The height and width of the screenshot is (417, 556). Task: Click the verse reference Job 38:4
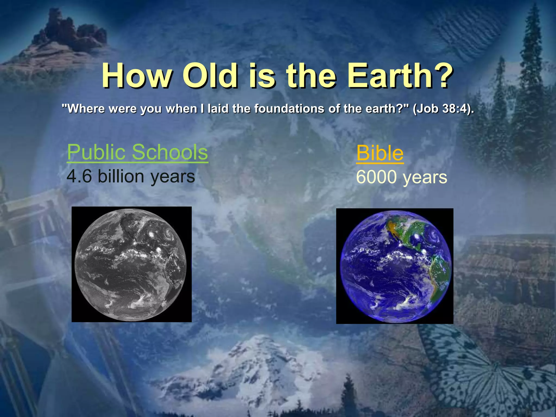[x=443, y=109]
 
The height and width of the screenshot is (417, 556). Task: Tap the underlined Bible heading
[x=380, y=153]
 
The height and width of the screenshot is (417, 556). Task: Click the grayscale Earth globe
[x=131, y=264]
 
